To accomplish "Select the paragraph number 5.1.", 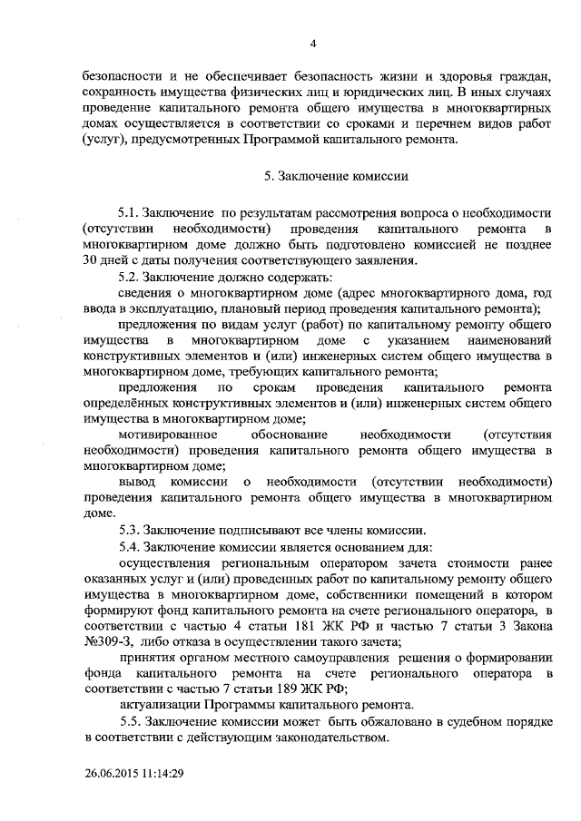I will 130,210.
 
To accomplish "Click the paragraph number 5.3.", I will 130,530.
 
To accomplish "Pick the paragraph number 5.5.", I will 130,721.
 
